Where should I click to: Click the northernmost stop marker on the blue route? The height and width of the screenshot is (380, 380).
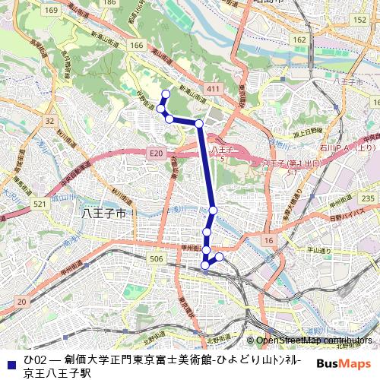[166, 93]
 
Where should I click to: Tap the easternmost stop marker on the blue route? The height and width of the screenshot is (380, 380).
[220, 257]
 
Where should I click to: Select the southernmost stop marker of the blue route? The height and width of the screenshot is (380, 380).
[205, 264]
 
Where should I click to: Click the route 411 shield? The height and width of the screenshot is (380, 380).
[213, 90]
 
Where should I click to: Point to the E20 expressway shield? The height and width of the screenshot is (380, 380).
[157, 154]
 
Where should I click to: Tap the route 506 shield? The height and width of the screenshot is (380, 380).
[157, 259]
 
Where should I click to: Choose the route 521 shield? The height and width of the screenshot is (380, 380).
[40, 204]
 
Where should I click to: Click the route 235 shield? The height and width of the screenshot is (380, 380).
[367, 198]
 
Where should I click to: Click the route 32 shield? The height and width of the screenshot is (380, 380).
[49, 121]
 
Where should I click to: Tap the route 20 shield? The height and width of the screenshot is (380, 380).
[21, 302]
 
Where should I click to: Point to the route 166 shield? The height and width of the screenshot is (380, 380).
[137, 46]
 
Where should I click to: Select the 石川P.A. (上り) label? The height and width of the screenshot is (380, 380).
[347, 148]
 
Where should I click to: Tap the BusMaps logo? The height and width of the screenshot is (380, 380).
[343, 363]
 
